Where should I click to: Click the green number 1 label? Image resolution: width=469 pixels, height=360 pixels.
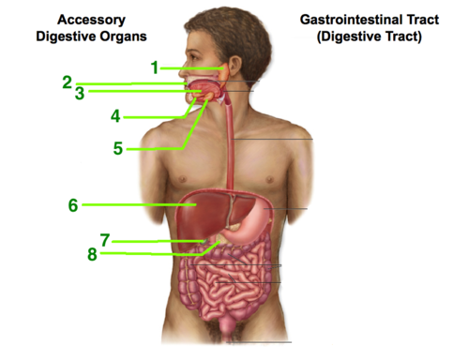[155, 67]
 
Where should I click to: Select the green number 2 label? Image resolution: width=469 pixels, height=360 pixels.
[68, 82]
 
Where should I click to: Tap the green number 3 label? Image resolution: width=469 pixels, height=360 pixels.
[80, 93]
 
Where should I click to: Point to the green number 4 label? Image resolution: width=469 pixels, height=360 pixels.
[114, 116]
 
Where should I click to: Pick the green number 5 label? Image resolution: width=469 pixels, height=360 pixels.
[118, 148]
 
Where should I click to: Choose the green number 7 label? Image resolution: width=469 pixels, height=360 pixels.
[105, 240]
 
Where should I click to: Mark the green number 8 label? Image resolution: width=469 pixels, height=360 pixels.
[92, 253]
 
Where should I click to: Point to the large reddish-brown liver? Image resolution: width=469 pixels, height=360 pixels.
[202, 211]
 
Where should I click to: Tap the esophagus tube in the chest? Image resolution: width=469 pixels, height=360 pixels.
[232, 150]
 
